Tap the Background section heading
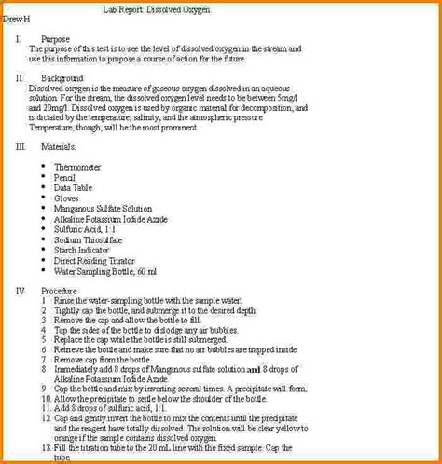(x=62, y=78)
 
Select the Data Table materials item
(x=74, y=187)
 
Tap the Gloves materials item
(x=67, y=198)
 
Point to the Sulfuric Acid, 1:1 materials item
(x=85, y=230)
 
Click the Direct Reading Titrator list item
(x=94, y=262)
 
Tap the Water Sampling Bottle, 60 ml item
(x=105, y=272)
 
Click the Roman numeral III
(x=21, y=147)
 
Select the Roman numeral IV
(x=21, y=291)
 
